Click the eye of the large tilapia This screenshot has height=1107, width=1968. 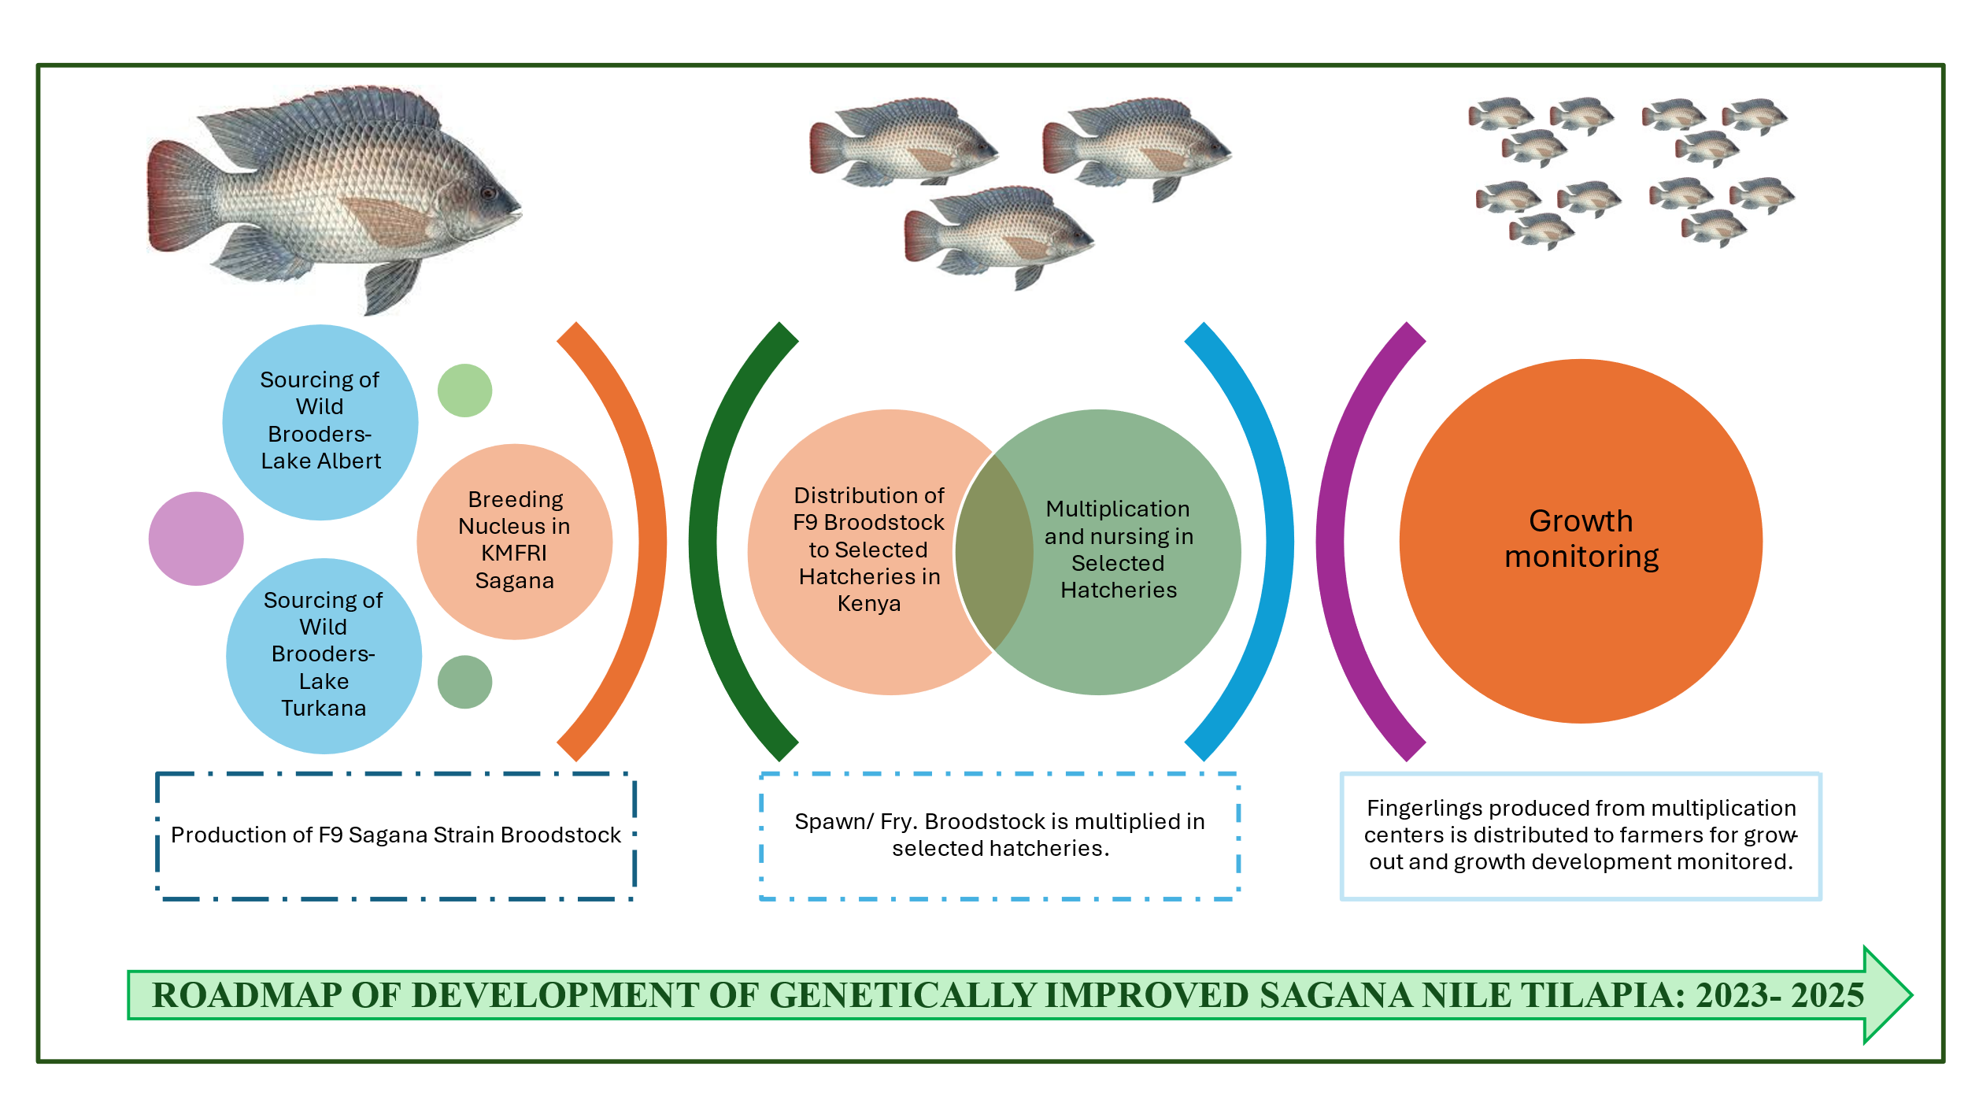[x=488, y=193]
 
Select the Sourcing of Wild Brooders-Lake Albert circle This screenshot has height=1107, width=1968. [x=320, y=422]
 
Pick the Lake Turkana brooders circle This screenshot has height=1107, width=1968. [x=324, y=655]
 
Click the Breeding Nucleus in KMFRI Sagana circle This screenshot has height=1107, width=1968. [x=514, y=541]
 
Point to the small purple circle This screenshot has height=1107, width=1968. [x=196, y=539]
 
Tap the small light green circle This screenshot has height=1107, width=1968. [x=464, y=391]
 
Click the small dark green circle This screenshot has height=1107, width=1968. [x=464, y=682]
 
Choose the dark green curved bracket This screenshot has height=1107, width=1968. [x=704, y=541]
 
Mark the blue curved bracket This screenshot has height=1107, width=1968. [x=1278, y=541]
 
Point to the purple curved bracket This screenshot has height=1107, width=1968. [x=1330, y=541]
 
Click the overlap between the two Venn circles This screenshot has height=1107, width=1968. [x=994, y=551]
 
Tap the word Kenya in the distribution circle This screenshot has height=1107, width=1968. [x=868, y=604]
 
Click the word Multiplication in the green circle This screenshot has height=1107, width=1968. [x=1117, y=509]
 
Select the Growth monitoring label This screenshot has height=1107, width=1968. [x=1581, y=539]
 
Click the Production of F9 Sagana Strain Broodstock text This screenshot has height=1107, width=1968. [x=396, y=835]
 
